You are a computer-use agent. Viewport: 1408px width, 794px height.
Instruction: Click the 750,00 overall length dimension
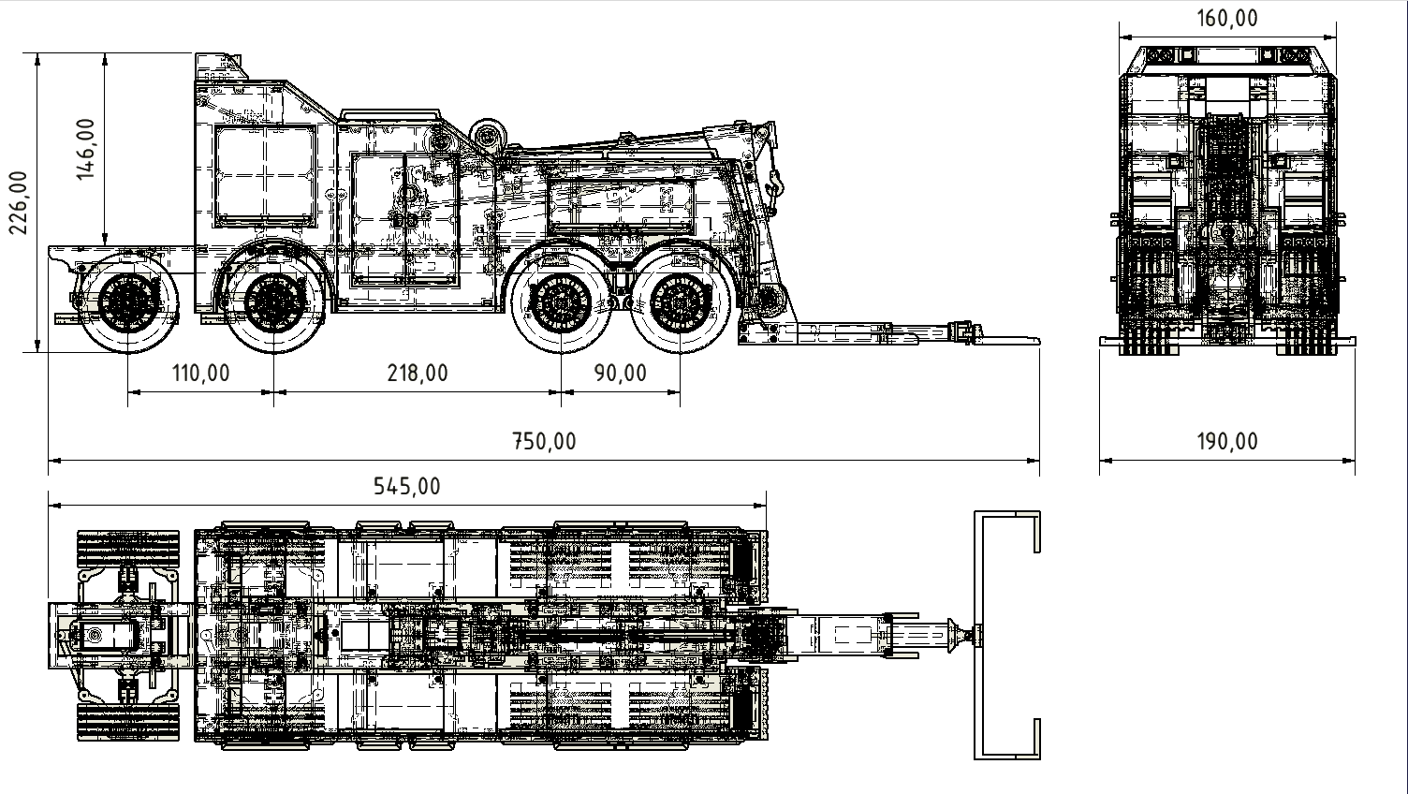click(544, 441)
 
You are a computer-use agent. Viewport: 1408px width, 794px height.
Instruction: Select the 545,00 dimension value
click(406, 486)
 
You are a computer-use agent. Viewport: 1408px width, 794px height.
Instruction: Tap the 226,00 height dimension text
click(19, 202)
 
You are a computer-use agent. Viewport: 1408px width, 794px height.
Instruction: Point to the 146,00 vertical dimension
click(85, 149)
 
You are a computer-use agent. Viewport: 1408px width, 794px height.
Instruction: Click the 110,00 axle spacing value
click(201, 374)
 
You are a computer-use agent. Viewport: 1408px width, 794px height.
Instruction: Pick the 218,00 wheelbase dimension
click(418, 374)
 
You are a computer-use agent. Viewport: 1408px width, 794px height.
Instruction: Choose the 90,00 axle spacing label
click(621, 374)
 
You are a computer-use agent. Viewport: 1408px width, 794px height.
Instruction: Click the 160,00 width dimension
click(1227, 18)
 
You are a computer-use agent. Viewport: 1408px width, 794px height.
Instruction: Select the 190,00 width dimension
click(1227, 441)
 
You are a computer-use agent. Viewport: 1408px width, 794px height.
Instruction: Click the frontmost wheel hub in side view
click(128, 302)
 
